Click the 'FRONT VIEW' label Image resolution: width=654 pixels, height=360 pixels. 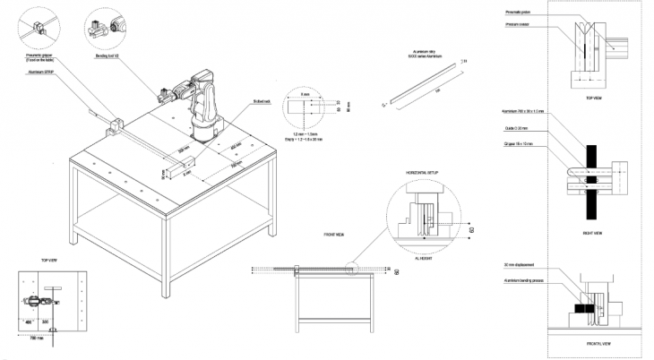[x=336, y=234]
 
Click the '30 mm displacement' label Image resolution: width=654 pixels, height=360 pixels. [x=520, y=265]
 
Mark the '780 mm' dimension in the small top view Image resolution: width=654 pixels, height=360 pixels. [x=36, y=339]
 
